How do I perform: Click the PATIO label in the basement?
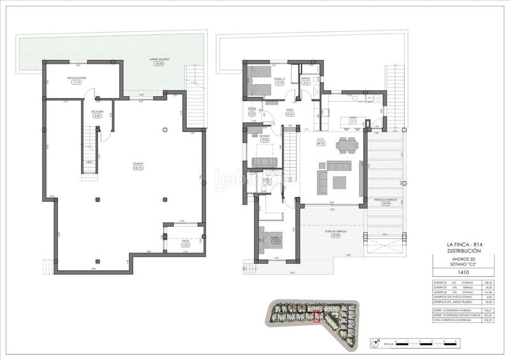pos(186,240)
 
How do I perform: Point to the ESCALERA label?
pos(98,112)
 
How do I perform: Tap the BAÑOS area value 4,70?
pos(305,83)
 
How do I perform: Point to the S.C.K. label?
pos(320,140)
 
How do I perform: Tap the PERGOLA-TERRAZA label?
pos(386,200)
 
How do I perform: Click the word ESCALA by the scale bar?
pos(388,343)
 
